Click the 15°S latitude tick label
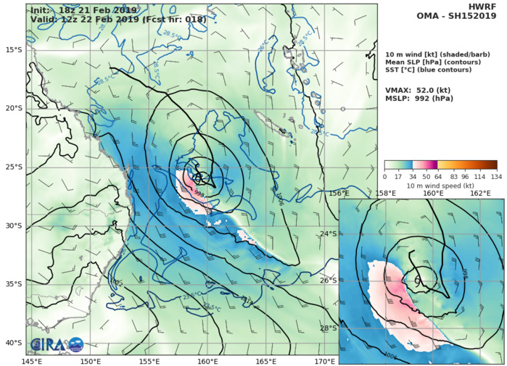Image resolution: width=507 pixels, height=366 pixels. tap(12, 49)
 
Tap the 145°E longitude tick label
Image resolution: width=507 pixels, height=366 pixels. tap(31, 360)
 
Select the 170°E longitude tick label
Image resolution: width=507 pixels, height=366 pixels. tap(326, 360)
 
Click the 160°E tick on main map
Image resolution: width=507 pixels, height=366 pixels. tap(208, 360)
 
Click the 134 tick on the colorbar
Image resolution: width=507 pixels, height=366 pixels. tap(497, 176)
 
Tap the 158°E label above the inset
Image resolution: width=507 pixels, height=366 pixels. tap(386, 194)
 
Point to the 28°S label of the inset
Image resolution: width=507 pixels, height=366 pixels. tap(329, 328)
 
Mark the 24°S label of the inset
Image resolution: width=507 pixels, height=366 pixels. tap(329, 233)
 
